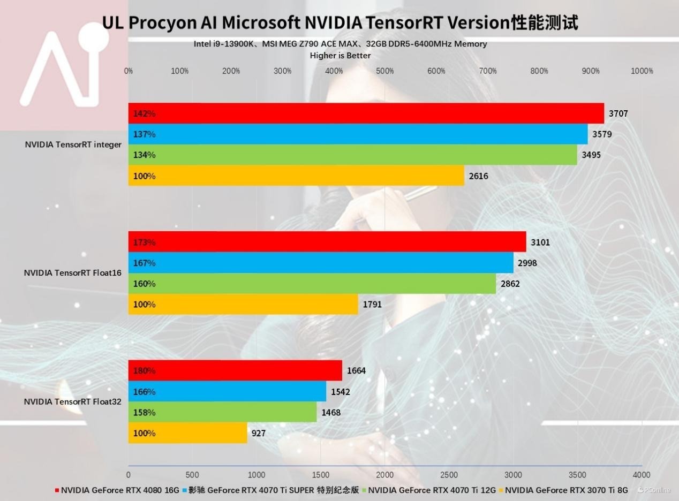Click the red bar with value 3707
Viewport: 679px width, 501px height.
tap(366, 113)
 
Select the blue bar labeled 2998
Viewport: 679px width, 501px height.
tap(321, 263)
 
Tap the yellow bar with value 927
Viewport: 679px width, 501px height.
tap(187, 433)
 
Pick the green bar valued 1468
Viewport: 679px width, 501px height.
tap(222, 413)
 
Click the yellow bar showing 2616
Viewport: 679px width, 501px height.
tap(296, 176)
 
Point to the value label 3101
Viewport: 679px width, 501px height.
tap(540, 242)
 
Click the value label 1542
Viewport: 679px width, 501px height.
tap(341, 392)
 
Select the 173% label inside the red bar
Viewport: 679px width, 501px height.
tap(144, 242)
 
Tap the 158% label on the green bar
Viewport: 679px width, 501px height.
tap(144, 413)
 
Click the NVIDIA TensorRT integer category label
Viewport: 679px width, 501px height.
tap(73, 145)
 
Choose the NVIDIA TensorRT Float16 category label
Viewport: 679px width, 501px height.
tap(73, 273)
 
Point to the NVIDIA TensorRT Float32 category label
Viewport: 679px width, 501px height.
tap(73, 401)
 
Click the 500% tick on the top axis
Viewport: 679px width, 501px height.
tap(385, 71)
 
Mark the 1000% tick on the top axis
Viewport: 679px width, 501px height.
tap(642, 71)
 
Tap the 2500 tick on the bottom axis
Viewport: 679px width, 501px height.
tap(449, 475)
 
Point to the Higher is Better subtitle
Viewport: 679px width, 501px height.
tap(340, 55)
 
